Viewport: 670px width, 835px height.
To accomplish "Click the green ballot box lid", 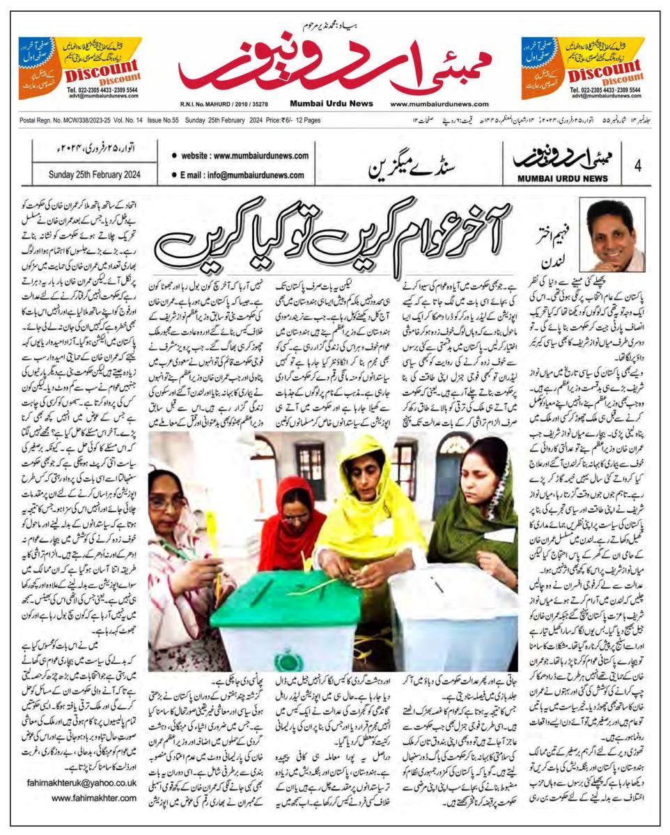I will pos(286,595).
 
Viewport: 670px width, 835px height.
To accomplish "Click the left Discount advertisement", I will pos(80,69).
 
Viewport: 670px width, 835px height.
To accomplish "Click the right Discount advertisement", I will pos(589,69).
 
